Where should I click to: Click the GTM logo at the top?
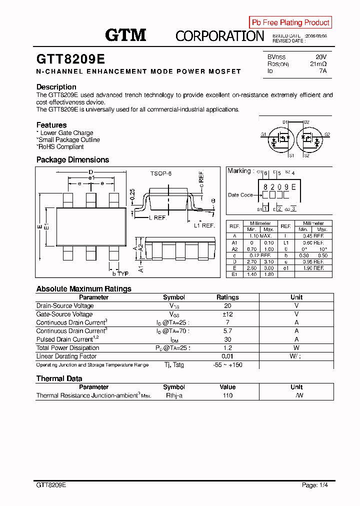pos(125,35)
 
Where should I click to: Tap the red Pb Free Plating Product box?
pos(290,22)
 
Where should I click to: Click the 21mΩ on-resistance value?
pos(318,64)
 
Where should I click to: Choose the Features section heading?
pos(51,125)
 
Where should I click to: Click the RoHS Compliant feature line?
pos(60,147)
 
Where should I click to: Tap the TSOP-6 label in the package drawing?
pos(160,173)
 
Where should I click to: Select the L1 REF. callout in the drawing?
pos(204,225)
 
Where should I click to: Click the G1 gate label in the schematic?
pos(263,135)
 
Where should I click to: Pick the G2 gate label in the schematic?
pos(327,134)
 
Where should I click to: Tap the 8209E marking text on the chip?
pos(279,186)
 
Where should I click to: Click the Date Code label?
pos(240,195)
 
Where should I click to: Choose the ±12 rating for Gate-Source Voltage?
pos(227,314)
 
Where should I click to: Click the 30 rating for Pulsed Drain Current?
pos(227,339)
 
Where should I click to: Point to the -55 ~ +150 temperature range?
pos(227,365)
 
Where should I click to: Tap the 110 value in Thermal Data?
pos(227,395)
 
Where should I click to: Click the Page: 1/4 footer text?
pos(315,485)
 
